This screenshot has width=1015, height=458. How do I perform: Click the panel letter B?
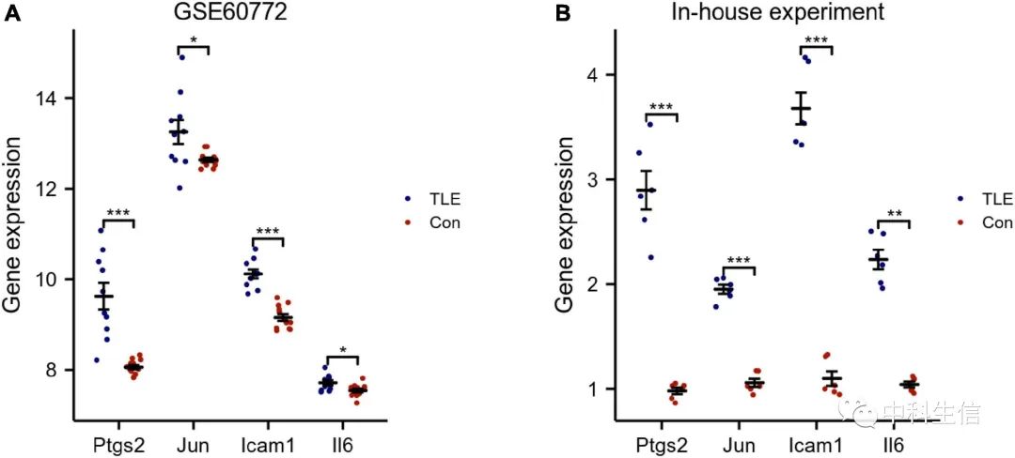click(564, 14)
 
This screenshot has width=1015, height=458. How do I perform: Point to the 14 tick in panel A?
click(44, 99)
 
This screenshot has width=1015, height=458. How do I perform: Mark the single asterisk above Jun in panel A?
click(193, 40)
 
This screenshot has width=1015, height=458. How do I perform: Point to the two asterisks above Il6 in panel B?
click(894, 214)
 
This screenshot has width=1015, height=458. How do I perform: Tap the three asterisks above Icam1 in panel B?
click(817, 40)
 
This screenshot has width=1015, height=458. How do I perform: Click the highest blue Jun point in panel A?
click(182, 57)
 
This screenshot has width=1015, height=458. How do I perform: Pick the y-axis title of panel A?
click(12, 225)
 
